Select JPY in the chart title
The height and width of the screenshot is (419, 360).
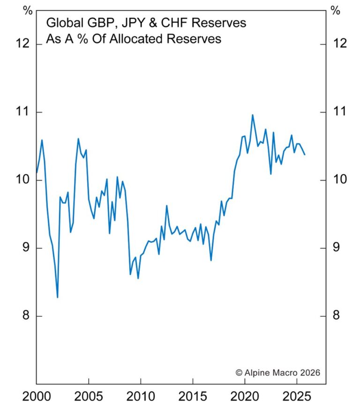(135, 22)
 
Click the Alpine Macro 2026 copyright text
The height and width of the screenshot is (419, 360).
(277, 373)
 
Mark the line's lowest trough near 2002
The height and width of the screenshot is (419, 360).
(58, 297)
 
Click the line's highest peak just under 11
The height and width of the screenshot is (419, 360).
(253, 115)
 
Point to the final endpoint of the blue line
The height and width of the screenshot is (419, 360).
(305, 154)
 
